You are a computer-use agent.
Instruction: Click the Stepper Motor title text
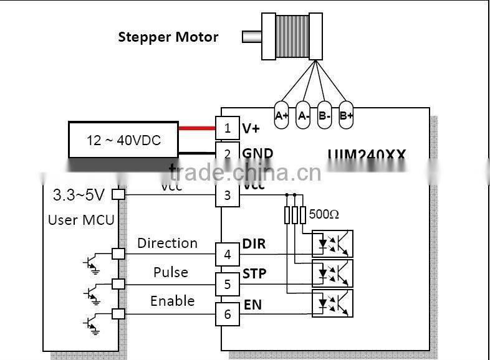(x=168, y=37)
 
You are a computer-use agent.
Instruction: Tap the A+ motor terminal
(x=282, y=115)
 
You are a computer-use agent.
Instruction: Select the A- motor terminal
(x=303, y=115)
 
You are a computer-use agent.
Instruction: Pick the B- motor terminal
(x=324, y=115)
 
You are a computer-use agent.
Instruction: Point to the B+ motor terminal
(x=346, y=115)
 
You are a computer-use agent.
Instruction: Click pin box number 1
(x=228, y=128)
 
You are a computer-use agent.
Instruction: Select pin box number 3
(x=228, y=195)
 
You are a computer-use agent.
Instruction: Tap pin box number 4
(x=228, y=255)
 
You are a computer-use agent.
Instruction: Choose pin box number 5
(x=228, y=284)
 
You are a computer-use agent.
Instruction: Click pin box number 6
(x=228, y=314)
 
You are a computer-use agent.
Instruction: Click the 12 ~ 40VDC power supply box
(x=123, y=140)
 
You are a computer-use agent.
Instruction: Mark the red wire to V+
(x=197, y=129)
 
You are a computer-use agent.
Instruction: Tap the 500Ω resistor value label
(x=324, y=214)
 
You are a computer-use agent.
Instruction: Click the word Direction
(x=167, y=243)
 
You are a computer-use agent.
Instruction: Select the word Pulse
(x=170, y=272)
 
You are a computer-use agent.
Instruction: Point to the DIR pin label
(x=254, y=244)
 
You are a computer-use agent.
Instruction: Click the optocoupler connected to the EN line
(x=332, y=302)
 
